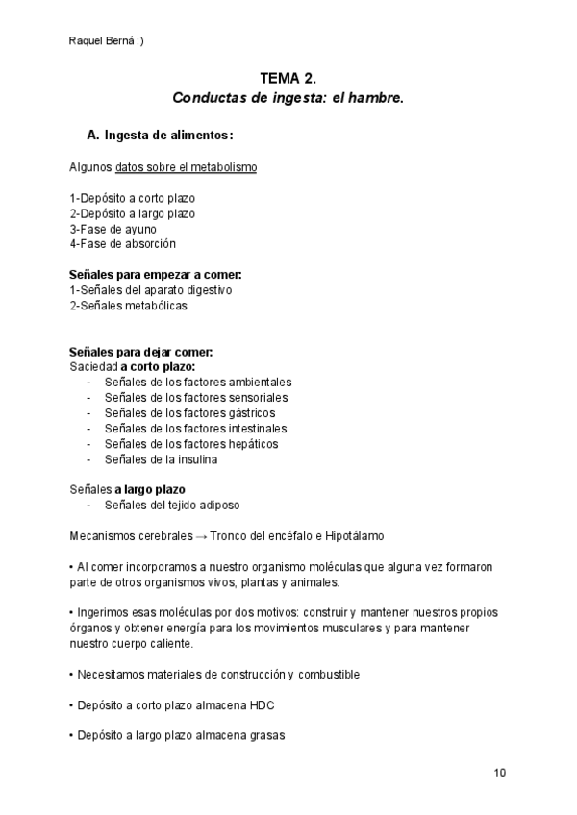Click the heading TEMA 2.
288,78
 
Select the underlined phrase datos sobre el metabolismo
186,167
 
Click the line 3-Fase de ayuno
113,229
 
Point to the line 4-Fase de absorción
122,244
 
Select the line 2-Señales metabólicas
129,306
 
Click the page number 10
499,773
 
